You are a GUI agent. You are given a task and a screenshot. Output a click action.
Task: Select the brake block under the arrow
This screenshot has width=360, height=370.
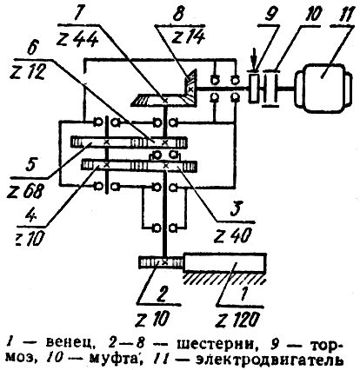point(254,88)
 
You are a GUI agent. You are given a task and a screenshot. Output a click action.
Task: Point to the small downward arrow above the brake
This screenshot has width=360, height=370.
point(254,64)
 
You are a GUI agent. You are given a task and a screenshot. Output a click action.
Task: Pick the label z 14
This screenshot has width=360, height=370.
point(189,36)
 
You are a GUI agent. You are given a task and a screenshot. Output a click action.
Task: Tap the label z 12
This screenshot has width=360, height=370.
point(27,71)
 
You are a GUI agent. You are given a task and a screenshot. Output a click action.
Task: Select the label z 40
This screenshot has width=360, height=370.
point(232,235)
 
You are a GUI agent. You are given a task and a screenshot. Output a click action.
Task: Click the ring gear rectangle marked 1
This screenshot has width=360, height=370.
point(225,262)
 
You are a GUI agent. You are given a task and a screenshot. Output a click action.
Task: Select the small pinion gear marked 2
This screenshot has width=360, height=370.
point(161,262)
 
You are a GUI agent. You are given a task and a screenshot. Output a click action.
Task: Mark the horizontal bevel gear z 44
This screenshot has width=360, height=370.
point(161,100)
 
